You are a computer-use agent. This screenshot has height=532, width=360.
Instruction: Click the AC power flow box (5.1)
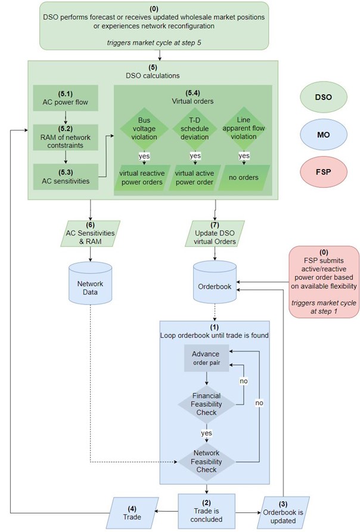point(66,98)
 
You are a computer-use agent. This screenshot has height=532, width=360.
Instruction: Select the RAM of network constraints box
point(66,138)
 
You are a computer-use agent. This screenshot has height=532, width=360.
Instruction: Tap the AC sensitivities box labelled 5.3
point(66,177)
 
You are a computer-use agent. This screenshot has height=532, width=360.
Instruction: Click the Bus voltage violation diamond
point(144,129)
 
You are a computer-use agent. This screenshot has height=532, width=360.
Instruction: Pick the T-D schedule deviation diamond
point(194,129)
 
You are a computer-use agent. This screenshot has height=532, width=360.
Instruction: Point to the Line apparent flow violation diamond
point(244,128)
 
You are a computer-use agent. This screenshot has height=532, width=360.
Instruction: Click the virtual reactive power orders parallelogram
point(142,178)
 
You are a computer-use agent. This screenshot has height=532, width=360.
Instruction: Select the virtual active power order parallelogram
point(194,178)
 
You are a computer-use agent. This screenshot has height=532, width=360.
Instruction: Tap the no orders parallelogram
point(244,178)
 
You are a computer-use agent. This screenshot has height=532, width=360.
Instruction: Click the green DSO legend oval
point(324,97)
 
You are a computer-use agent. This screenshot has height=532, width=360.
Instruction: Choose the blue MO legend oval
point(324,135)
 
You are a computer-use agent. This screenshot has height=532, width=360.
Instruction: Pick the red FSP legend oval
point(324,172)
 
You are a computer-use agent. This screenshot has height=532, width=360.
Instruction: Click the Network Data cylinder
point(90,283)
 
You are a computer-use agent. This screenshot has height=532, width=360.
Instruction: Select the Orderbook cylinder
point(215,282)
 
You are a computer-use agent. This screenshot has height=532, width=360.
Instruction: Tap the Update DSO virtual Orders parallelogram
point(215,234)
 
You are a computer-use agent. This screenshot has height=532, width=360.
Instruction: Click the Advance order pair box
point(207,358)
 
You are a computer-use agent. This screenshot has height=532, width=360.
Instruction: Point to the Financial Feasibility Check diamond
point(206,404)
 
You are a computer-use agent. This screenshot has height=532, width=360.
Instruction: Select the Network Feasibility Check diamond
point(206,462)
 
